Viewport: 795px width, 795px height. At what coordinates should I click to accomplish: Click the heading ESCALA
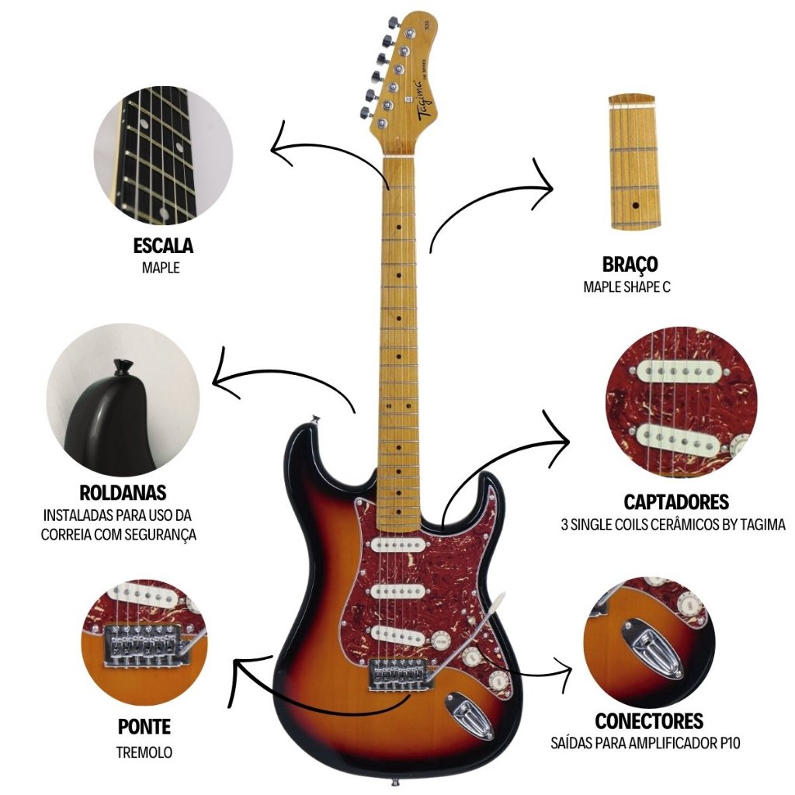(163, 246)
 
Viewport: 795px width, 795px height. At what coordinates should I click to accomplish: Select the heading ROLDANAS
(123, 493)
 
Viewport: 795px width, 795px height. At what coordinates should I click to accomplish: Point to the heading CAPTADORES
(676, 502)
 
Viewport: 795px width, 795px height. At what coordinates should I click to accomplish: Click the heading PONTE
(144, 727)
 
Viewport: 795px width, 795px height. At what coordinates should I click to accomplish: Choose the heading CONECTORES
(649, 721)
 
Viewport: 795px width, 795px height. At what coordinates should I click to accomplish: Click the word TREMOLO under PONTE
(144, 752)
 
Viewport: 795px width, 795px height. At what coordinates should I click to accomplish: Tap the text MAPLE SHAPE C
(627, 286)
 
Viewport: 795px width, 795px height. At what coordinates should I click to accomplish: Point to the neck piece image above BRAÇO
(637, 162)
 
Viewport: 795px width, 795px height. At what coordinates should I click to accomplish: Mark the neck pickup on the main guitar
(395, 544)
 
